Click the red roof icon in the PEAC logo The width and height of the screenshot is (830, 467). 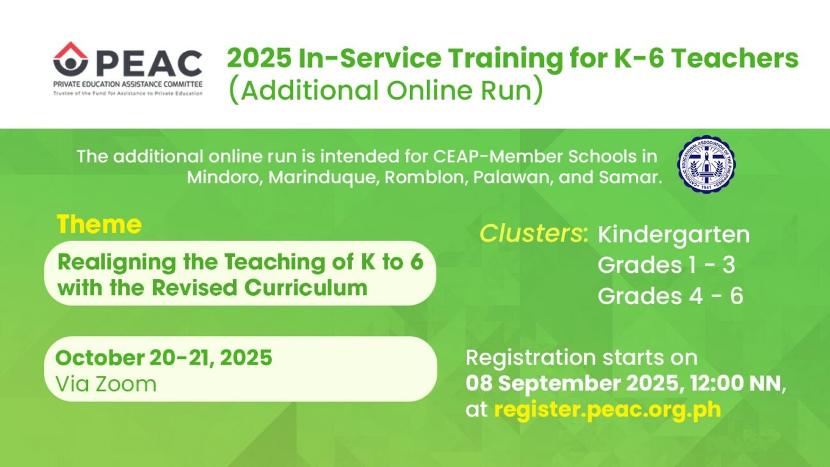70,50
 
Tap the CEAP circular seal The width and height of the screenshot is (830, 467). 707,164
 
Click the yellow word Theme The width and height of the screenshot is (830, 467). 100,224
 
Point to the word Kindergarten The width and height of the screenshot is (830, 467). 674,235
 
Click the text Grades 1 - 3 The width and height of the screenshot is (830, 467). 666,265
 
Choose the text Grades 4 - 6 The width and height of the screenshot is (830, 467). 670,296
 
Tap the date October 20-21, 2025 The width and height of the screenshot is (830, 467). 164,358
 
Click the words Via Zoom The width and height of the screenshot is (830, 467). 106,384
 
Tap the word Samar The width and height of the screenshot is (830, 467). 631,177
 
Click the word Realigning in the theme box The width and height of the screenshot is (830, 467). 117,263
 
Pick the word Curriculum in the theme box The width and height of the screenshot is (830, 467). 306,288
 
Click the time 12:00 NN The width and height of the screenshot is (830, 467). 736,383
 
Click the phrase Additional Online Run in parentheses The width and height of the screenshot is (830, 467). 386,91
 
